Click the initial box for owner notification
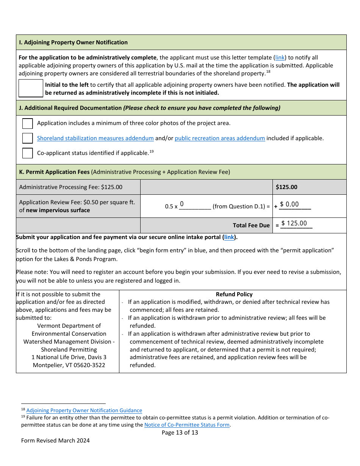pyautogui.click(x=31, y=88)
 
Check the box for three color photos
pyautogui.click(x=27, y=124)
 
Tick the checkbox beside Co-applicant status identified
pyautogui.click(x=27, y=153)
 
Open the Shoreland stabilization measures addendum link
pyautogui.click(x=95, y=138)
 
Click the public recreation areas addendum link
pyautogui.click(x=219, y=138)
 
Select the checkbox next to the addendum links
pyautogui.click(x=27, y=138)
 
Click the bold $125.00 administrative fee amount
pyautogui.click(x=286, y=187)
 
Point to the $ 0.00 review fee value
pyautogui.click(x=290, y=205)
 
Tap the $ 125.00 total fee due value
pyautogui.click(x=294, y=224)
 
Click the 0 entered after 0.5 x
pyautogui.click(x=182, y=204)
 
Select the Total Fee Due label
pyautogui.click(x=251, y=225)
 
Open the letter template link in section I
pyautogui.click(x=280, y=58)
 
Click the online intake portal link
pyautogui.click(x=229, y=237)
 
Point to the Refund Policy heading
pyautogui.click(x=234, y=294)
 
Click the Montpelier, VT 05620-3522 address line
pyautogui.click(x=69, y=365)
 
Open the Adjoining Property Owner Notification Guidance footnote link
pyautogui.click(x=84, y=410)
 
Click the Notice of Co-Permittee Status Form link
pyautogui.click(x=187, y=425)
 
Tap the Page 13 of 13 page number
pyautogui.click(x=180, y=433)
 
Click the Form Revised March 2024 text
pyautogui.click(x=55, y=441)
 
